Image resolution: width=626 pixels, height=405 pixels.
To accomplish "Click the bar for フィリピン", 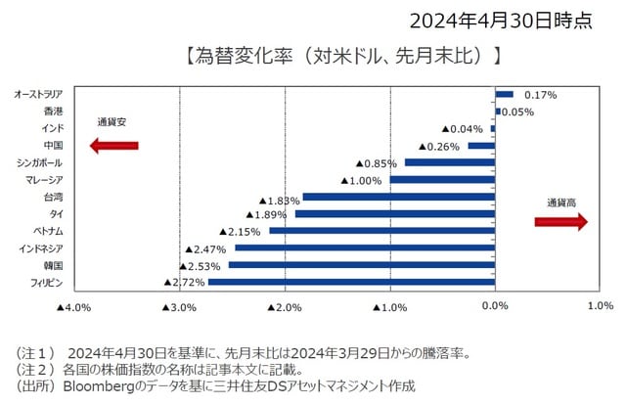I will click(352, 282).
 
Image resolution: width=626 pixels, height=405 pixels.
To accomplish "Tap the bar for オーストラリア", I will click(505, 95).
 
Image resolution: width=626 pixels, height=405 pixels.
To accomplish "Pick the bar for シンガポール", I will click(451, 162).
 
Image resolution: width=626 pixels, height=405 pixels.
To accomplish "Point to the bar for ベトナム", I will click(382, 231).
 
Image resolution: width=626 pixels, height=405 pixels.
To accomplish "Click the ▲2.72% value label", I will click(185, 282).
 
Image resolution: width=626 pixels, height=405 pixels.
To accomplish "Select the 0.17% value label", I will click(540, 95).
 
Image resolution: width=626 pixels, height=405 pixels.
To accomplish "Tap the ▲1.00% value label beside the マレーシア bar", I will click(361, 180).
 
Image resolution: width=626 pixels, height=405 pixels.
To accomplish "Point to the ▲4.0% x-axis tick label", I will click(74, 306).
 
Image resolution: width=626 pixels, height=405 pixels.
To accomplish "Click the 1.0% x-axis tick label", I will click(599, 306).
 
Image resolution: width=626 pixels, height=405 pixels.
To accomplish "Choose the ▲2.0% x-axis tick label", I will click(285, 306).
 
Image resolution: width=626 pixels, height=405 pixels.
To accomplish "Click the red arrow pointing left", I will click(113, 146).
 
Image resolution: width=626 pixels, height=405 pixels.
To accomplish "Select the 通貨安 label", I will click(112, 123).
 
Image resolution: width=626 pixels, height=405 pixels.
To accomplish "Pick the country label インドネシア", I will click(40, 248).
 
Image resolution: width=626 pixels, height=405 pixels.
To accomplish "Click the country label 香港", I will click(54, 112).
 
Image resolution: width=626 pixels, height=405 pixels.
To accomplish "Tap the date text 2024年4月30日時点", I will click(500, 21).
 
